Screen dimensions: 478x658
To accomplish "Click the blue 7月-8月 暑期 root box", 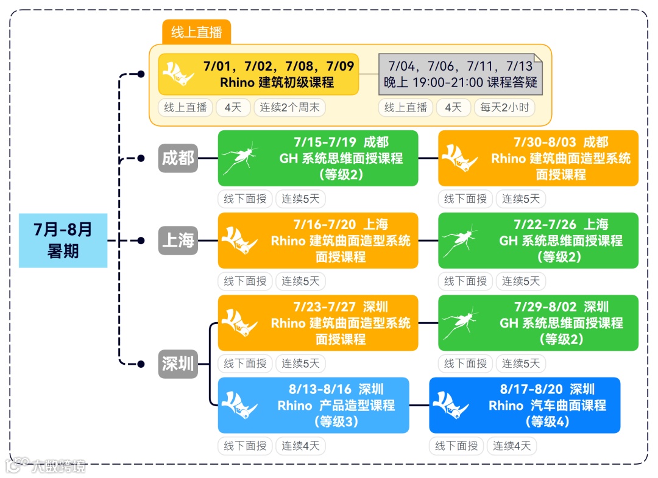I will pyautogui.click(x=63, y=241).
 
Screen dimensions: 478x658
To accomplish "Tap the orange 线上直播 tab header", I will pyautogui.click(x=196, y=32).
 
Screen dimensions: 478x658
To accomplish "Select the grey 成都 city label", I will pyautogui.click(x=178, y=158).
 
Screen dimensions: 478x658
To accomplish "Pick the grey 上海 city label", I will pyautogui.click(x=178, y=241).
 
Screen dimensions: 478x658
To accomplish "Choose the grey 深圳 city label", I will pyautogui.click(x=178, y=364).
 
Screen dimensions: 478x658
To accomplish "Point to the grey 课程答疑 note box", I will pyautogui.click(x=460, y=74).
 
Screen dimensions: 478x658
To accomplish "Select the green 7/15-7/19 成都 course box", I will pyautogui.click(x=318, y=158).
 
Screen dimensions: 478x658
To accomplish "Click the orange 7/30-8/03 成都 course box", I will pyautogui.click(x=538, y=158).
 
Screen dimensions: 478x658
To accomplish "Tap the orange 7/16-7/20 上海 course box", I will pyautogui.click(x=318, y=241).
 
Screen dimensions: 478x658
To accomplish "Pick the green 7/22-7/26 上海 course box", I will pyautogui.click(x=538, y=241).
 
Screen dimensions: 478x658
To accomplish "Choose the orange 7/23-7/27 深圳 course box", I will pyautogui.click(x=318, y=323).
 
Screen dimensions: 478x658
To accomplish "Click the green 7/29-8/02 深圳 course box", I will pyautogui.click(x=538, y=323).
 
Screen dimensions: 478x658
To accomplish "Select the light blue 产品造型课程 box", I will pyautogui.click(x=313, y=405).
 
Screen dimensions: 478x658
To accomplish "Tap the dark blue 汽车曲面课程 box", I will pyautogui.click(x=525, y=405).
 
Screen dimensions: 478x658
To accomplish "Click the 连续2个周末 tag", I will pyautogui.click(x=289, y=108).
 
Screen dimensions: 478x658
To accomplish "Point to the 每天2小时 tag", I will pyautogui.click(x=504, y=108).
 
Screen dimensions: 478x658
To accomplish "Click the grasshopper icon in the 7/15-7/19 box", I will pyautogui.click(x=239, y=158).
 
